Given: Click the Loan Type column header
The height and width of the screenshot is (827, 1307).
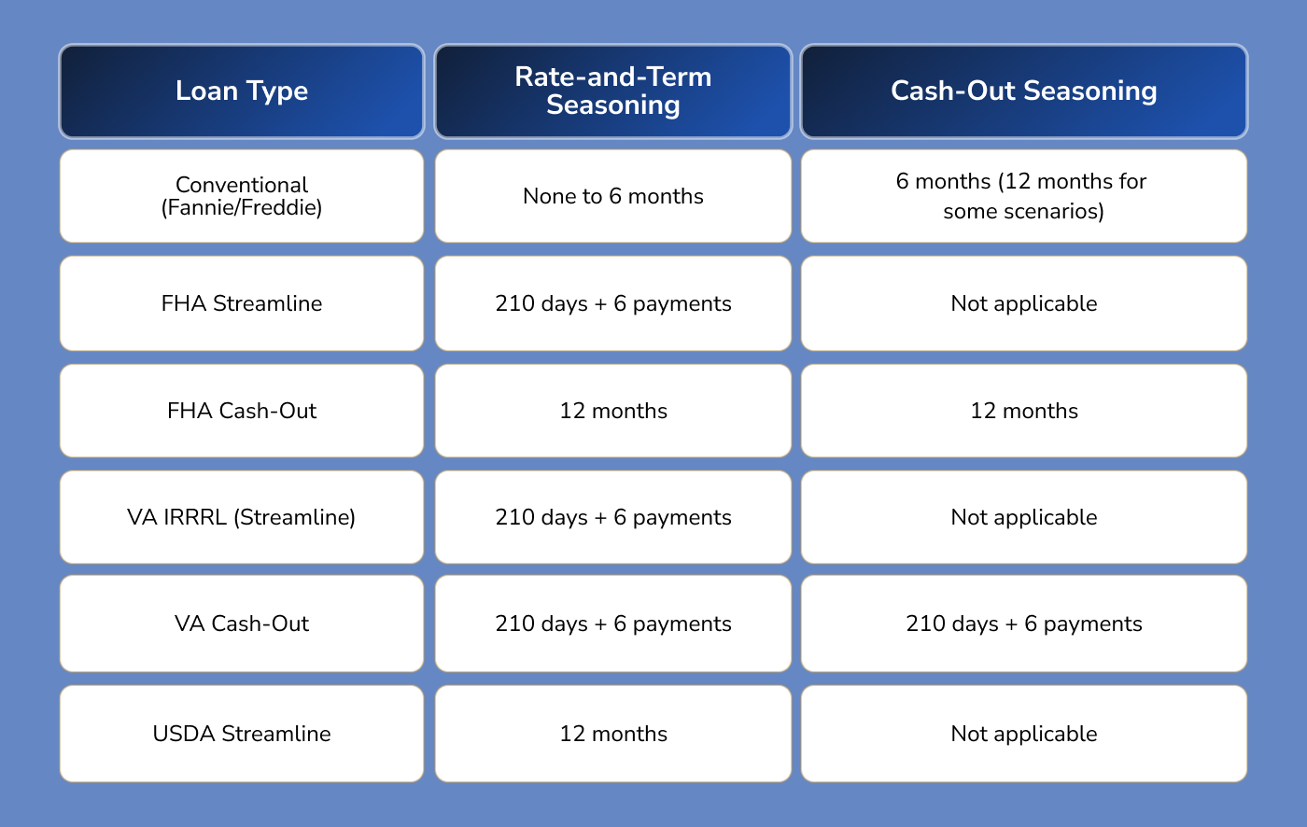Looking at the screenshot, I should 242,91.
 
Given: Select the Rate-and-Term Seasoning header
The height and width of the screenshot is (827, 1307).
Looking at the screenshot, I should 613,91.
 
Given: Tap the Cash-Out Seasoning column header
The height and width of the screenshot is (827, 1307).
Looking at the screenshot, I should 1024,91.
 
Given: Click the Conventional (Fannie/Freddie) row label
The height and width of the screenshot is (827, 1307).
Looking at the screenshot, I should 242,196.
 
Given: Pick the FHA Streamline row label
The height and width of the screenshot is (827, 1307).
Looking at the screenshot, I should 242,303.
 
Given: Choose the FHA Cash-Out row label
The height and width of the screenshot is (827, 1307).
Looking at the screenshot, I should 242,411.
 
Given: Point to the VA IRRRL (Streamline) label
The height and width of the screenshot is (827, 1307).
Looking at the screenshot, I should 242,517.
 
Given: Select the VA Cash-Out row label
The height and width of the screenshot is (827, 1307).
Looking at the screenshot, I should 242,624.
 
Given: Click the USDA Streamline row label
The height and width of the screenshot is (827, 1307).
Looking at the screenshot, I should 242,734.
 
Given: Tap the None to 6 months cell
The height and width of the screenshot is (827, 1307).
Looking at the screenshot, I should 613,196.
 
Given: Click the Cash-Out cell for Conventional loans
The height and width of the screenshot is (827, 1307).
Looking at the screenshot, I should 1024,196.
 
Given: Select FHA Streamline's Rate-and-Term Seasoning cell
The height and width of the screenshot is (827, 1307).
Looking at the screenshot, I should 613,303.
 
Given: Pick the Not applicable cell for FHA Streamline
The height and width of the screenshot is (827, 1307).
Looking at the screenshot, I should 1024,303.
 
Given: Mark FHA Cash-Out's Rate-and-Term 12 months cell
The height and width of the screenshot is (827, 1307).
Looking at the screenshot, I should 613,411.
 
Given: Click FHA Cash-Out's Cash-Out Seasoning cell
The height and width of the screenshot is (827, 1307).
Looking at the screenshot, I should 1024,411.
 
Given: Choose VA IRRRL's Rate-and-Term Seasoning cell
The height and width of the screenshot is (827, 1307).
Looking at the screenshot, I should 613,517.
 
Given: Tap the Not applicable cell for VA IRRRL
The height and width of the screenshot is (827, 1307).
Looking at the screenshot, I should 1024,517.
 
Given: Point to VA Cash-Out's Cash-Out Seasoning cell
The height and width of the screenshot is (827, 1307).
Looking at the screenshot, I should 1024,624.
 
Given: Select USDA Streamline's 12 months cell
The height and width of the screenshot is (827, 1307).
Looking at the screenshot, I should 613,734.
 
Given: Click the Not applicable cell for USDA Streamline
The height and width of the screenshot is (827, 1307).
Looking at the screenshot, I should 1024,734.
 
